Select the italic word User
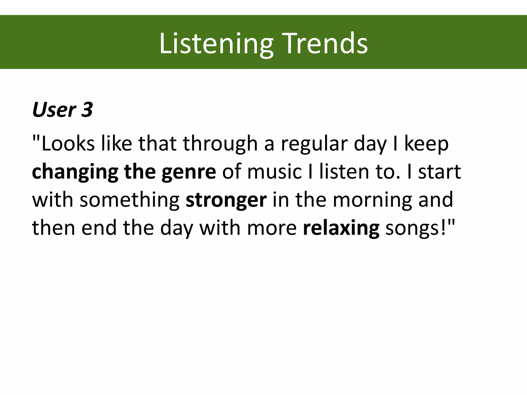coord(54,110)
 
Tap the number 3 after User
coord(87,110)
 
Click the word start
coord(440,172)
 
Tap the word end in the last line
coord(99,228)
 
